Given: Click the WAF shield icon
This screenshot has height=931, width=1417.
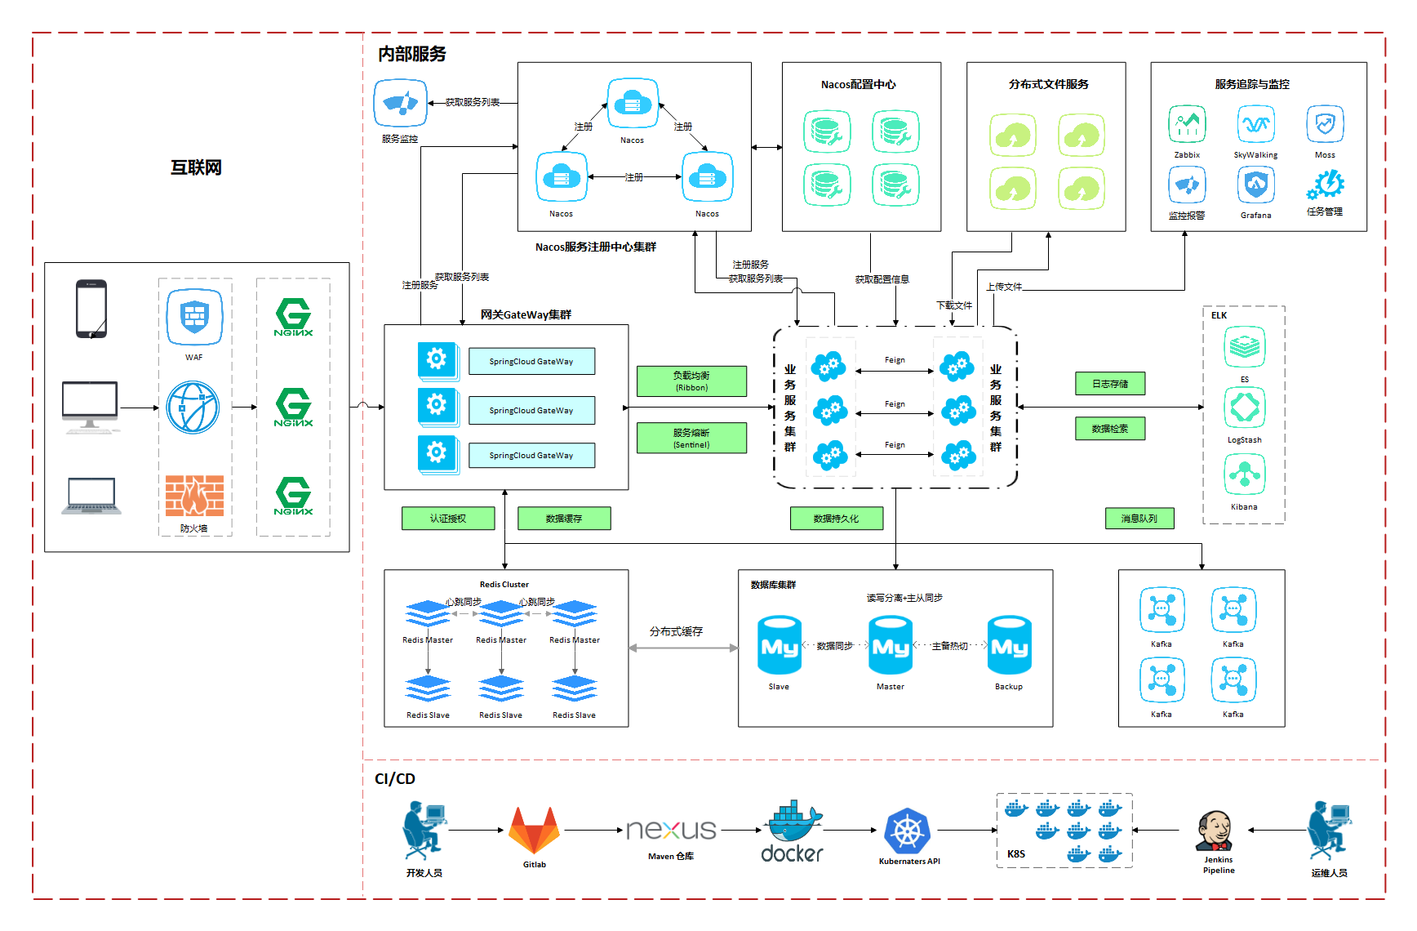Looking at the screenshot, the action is pos(194,317).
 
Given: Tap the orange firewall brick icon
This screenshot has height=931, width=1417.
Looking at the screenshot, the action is pos(194,496).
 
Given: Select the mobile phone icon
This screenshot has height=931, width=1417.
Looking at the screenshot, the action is pos(91,309).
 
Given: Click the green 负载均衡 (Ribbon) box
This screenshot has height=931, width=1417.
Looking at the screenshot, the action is pos(691,381).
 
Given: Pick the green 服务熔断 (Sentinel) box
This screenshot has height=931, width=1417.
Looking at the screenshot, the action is pos(691,438).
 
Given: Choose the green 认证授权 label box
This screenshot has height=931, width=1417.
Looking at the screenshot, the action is pos(448,519).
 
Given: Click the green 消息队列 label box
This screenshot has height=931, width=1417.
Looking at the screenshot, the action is pos(1139,519).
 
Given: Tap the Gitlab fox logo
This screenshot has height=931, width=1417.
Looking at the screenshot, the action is pos(535,831).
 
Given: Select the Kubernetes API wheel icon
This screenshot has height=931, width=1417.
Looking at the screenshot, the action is pos(908,832).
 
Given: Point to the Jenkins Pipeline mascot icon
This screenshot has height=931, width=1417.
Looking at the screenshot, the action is pos(1215,832).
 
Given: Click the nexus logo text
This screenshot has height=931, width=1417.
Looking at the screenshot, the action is pos(671,831).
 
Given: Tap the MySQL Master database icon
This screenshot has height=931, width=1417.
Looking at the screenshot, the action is pos(891,645).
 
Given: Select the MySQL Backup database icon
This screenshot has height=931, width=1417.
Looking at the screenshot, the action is pos(1010,645).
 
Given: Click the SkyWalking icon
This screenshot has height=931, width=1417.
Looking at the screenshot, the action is pos(1255,125).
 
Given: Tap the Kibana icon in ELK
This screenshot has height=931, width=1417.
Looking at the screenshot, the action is pos(1245,474).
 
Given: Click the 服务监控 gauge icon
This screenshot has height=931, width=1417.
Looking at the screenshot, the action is pos(400,104).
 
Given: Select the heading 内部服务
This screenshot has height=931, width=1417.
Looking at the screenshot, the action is pos(412,54).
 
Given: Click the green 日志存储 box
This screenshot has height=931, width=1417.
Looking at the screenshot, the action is pos(1110,384).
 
